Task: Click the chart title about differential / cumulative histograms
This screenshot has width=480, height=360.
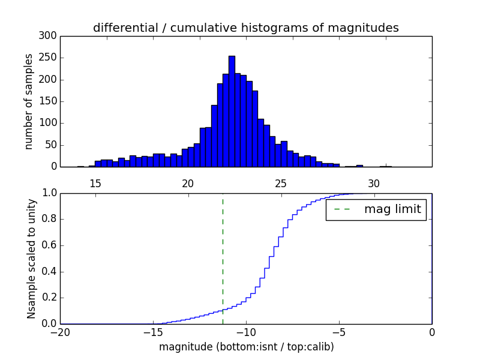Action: (245, 28)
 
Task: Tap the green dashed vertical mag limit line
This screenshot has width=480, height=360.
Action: (223, 258)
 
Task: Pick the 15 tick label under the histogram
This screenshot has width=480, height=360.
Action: (95, 183)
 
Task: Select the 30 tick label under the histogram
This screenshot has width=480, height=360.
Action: (374, 183)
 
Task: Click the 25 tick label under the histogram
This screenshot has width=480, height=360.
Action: (281, 183)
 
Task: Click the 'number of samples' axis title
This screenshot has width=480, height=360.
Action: (29, 101)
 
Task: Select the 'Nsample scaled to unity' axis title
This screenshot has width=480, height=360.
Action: (31, 259)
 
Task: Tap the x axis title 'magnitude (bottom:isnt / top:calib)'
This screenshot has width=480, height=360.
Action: (246, 347)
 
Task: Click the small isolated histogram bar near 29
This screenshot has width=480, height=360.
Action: (359, 166)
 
